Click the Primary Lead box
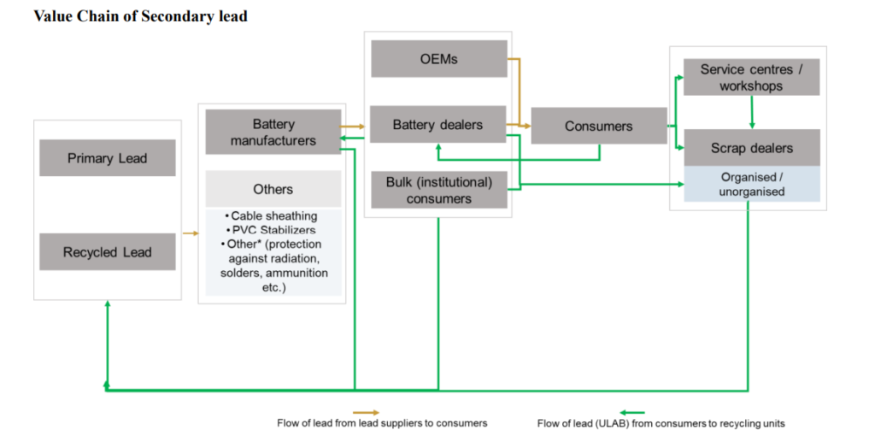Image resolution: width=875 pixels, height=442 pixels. [108, 158]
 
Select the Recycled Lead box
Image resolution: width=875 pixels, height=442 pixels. [108, 252]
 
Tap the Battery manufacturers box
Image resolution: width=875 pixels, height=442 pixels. [273, 133]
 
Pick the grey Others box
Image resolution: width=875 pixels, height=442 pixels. [273, 189]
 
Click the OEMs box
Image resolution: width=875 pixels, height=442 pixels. [437, 59]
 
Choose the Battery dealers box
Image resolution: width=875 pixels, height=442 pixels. [437, 125]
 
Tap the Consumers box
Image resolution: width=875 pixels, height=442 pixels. [598, 126]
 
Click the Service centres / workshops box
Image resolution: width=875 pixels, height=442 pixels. [751, 78]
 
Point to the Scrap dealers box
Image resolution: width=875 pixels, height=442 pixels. [751, 148]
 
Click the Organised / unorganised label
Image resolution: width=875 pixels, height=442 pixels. [752, 184]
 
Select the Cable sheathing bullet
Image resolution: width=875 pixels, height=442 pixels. [273, 216]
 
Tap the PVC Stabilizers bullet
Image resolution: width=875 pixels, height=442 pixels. [273, 230]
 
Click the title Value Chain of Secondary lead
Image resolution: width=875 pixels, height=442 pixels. [140, 16]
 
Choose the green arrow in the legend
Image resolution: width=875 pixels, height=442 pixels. [633, 412]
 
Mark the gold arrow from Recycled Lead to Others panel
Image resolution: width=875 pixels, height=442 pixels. [190, 233]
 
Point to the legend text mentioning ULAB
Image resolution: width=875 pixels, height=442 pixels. [661, 423]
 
